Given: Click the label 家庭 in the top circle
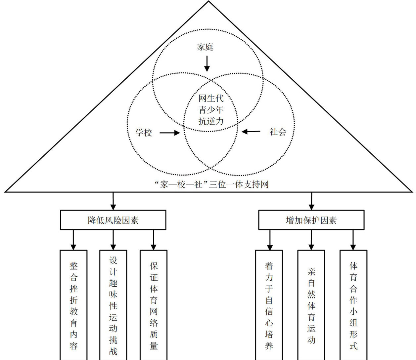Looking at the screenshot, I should [205, 47].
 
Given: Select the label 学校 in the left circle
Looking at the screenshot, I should [144, 133].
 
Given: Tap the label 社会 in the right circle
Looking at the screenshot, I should [278, 132].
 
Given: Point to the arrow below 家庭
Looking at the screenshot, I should [207, 63].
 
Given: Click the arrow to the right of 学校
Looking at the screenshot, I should [169, 133].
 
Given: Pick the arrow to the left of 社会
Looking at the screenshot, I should [251, 132].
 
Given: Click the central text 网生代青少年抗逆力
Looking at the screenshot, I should [211, 110].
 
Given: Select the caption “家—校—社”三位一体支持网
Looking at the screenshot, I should [211, 184].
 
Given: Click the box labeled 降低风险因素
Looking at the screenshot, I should [113, 220].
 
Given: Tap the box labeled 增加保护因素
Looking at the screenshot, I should [311, 220].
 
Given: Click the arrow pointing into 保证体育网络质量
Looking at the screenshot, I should [154, 240].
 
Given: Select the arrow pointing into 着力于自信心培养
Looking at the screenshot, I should [270, 240].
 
